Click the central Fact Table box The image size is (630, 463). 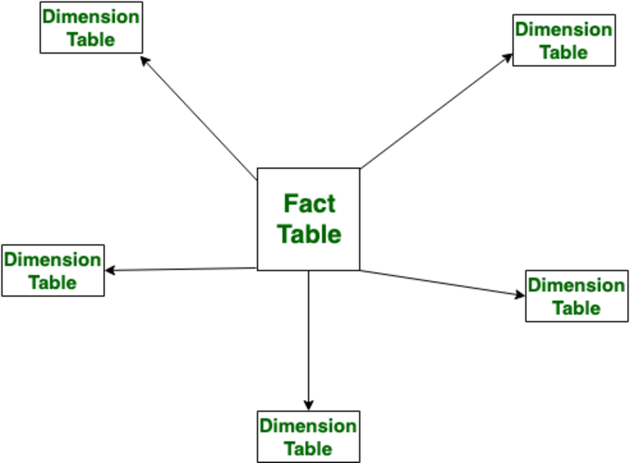point(309,219)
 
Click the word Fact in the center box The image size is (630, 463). point(309,204)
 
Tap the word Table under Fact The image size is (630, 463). point(310,235)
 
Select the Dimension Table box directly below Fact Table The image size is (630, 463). point(309,437)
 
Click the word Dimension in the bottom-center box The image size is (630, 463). point(308,426)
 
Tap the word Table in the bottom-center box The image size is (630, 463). point(308,449)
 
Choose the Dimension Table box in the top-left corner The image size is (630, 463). point(91,27)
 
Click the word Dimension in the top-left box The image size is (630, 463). point(91,17)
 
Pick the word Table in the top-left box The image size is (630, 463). point(91,39)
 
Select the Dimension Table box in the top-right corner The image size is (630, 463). point(564,40)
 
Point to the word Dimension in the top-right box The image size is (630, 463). point(564,29)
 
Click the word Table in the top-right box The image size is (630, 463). point(564,52)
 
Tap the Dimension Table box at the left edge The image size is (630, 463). point(52,271)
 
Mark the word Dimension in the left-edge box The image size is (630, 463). point(52,260)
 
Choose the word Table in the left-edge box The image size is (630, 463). point(52,282)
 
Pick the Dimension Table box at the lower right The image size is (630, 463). point(576,296)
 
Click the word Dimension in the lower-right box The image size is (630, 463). point(576,285)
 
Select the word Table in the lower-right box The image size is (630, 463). point(576,308)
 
